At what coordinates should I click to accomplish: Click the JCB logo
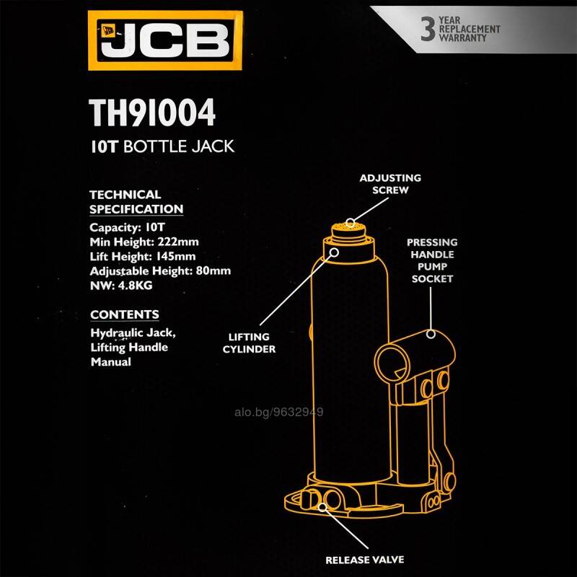point(165,40)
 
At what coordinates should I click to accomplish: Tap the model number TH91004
point(152,113)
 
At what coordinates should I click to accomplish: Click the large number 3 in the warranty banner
point(428,29)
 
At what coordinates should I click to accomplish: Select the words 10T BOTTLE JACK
point(162,146)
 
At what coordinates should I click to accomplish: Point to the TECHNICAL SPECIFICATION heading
point(136,202)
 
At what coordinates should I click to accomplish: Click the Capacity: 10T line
point(127,227)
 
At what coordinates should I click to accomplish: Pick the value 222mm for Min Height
point(178,242)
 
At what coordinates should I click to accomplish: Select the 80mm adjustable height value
point(213,271)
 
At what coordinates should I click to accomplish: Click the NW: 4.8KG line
point(121,286)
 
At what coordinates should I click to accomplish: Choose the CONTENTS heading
point(125,314)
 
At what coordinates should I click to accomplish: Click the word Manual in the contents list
point(111,362)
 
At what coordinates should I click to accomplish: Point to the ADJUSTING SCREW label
point(390,184)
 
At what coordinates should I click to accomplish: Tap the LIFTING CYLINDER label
point(249,343)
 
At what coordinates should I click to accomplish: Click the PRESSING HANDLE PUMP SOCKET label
point(432,260)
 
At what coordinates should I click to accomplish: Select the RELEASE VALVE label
point(365,560)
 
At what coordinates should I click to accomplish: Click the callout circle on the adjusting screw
point(351,223)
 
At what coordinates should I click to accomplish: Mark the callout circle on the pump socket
point(431,334)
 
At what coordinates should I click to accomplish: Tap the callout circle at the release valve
point(322,507)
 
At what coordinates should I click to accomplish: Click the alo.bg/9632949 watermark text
point(279,412)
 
